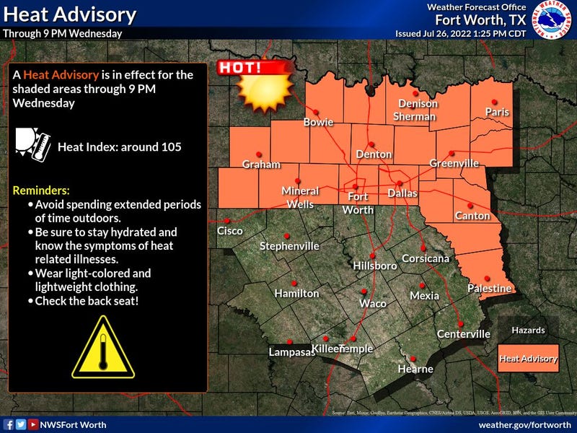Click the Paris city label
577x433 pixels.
coord(497,112)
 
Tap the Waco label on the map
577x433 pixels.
coord(373,303)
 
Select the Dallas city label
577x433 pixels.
coord(402,193)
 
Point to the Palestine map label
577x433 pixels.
coord(490,289)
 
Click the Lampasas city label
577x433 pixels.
coord(292,352)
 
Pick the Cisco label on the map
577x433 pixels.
coord(231,231)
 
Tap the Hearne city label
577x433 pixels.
coord(416,369)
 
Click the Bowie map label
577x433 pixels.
coord(317,122)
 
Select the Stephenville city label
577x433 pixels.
coord(289,246)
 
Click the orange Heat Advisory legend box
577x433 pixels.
coord(529,358)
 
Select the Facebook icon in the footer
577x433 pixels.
coord(8,424)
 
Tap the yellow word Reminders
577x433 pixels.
coord(41,191)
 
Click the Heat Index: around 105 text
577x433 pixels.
coord(119,146)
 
